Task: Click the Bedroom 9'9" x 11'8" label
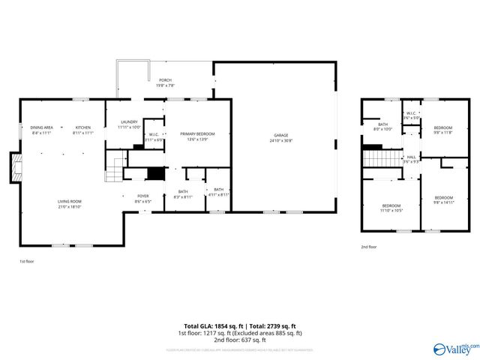point(443,129)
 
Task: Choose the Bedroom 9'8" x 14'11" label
point(444,199)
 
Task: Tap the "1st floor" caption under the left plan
point(26,261)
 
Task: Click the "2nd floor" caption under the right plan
point(368,247)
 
